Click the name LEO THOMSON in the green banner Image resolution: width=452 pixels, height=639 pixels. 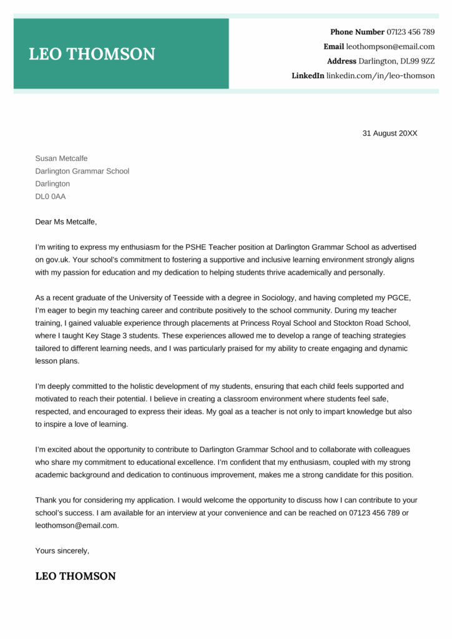tap(92, 54)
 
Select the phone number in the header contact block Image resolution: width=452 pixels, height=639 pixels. tap(411, 32)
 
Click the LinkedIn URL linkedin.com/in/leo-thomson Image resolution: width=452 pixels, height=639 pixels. tap(380, 76)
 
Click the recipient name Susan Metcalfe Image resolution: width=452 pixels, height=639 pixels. tap(61, 159)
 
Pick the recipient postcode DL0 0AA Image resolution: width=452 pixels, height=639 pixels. tap(50, 197)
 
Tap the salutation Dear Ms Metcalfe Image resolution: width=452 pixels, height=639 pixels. tap(66, 222)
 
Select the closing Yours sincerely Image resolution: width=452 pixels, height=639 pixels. tap(62, 551)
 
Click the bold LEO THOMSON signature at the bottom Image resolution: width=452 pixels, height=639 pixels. tap(76, 576)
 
